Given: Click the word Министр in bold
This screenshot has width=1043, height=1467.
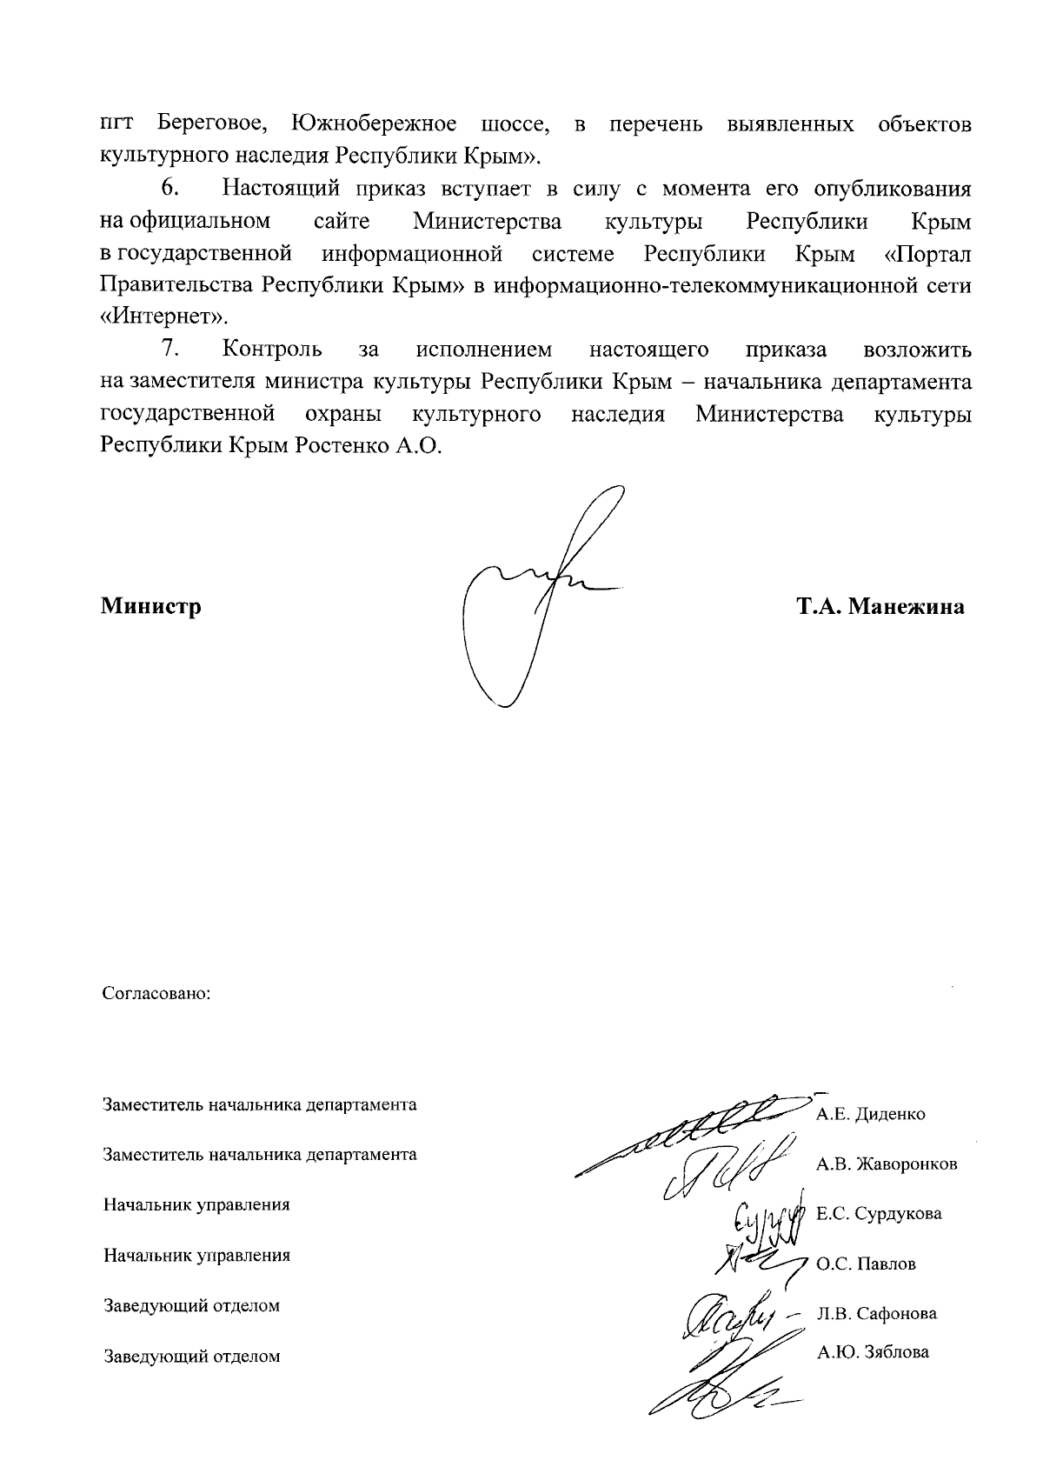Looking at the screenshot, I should click(x=150, y=606).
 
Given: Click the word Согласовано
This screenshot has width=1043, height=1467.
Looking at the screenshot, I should click(x=157, y=992).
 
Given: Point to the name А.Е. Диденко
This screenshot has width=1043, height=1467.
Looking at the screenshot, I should click(x=870, y=1114).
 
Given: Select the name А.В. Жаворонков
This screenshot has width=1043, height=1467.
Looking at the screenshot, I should click(x=887, y=1164).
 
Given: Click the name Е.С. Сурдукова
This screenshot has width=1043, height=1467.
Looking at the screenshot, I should click(x=879, y=1213).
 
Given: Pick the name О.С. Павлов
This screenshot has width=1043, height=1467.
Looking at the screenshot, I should click(x=866, y=1264).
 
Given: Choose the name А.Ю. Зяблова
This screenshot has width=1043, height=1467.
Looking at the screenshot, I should click(x=873, y=1351).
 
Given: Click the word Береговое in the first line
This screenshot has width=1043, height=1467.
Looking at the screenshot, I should click(x=212, y=124).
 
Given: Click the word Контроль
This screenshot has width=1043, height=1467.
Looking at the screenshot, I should click(x=272, y=350).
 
